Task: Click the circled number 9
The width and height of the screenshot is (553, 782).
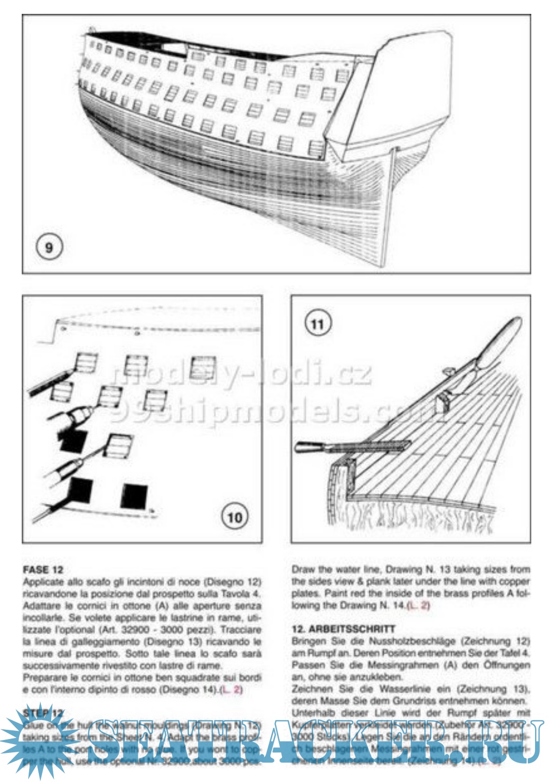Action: pyautogui.click(x=49, y=248)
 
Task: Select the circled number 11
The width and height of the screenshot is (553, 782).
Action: pyautogui.click(x=317, y=324)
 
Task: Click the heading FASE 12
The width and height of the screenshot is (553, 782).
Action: pyautogui.click(x=43, y=570)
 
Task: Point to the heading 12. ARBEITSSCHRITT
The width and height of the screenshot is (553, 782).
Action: pyautogui.click(x=344, y=629)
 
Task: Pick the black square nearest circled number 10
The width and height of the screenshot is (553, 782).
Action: pyautogui.click(x=134, y=496)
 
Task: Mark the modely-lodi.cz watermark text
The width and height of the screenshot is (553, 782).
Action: pyautogui.click(x=241, y=374)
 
